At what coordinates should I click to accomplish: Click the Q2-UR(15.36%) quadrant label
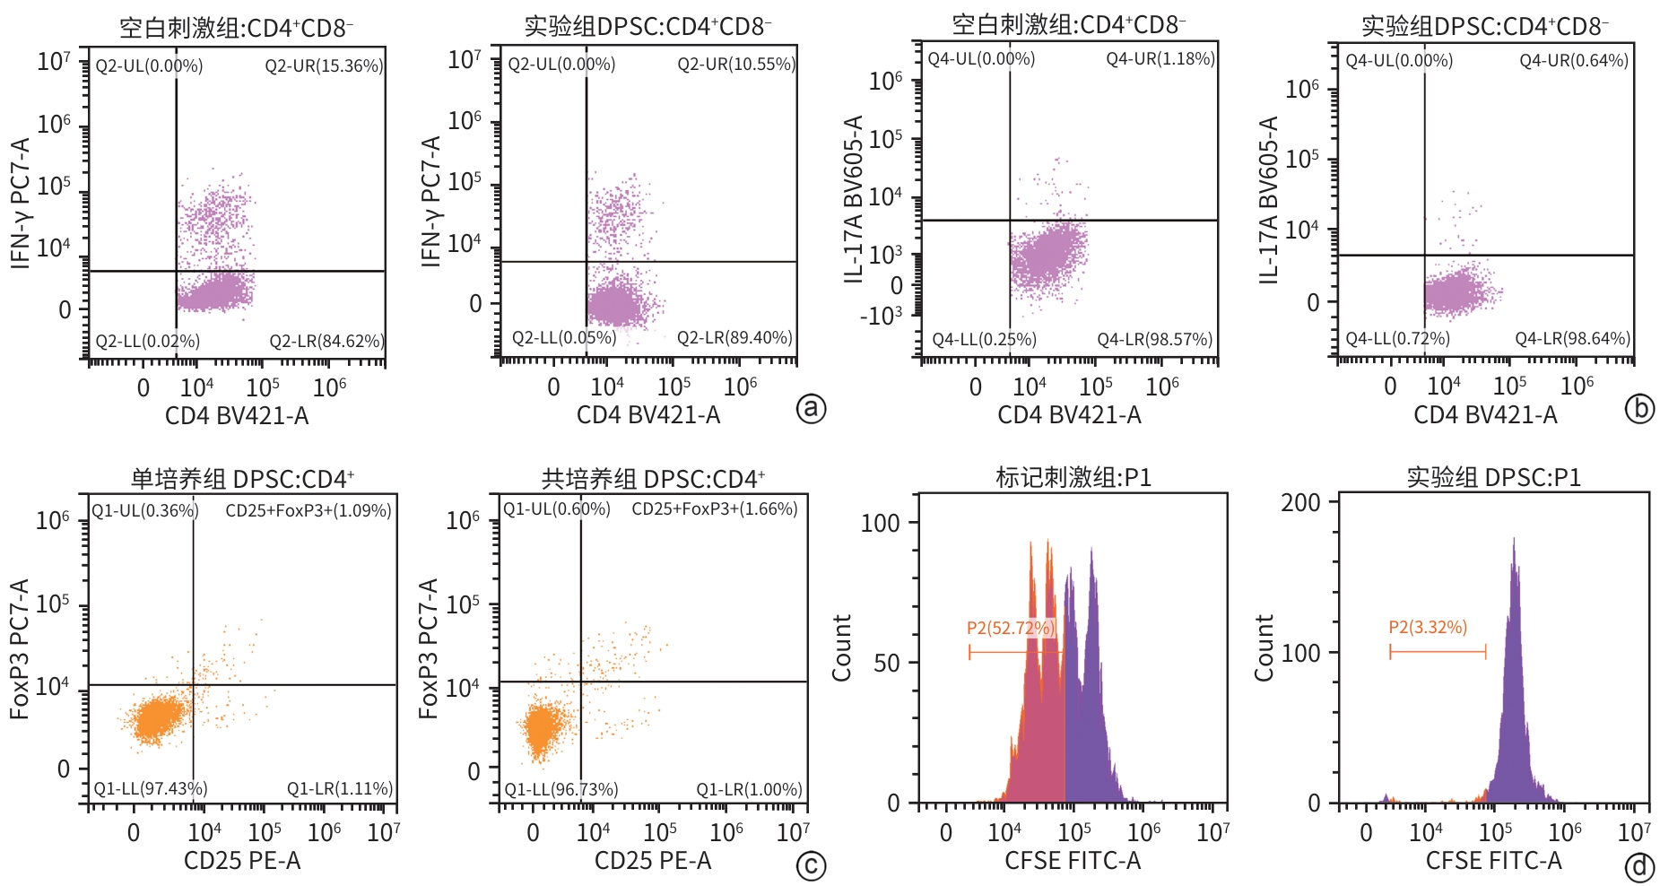[324, 65]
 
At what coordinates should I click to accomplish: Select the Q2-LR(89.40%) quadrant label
[734, 338]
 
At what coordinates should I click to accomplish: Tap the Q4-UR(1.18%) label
[1160, 59]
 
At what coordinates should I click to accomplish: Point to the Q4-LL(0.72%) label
[1397, 339]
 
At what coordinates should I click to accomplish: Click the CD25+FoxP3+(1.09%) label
[308, 511]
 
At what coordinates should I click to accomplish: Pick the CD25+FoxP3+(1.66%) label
[714, 509]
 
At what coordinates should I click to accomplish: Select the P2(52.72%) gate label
[1011, 628]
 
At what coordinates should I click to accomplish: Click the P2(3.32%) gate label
[1428, 627]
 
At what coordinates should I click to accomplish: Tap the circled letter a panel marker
[811, 409]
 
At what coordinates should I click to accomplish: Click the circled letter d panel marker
[1639, 866]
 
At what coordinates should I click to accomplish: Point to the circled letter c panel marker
[811, 866]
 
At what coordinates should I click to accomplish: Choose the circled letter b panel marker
[1639, 409]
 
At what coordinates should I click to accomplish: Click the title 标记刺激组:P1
[1073, 477]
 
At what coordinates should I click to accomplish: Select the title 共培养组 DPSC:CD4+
[653, 479]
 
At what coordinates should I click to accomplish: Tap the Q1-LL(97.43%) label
[151, 788]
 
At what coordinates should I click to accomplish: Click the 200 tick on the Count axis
[1300, 502]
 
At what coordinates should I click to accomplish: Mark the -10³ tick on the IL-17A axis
[881, 316]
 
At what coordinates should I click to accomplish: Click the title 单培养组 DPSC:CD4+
[242, 479]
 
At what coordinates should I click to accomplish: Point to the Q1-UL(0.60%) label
[556, 509]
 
